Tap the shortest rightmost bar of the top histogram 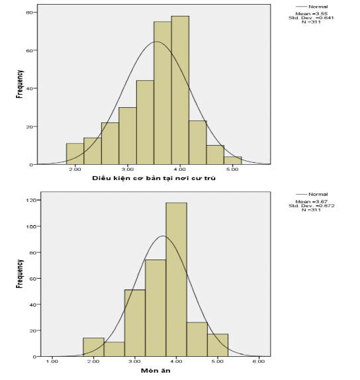[232, 160]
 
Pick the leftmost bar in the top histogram [75, 154]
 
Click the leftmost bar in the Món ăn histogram [93, 347]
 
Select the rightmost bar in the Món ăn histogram [218, 345]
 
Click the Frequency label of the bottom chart [20, 274]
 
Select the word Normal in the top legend [318, 7]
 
